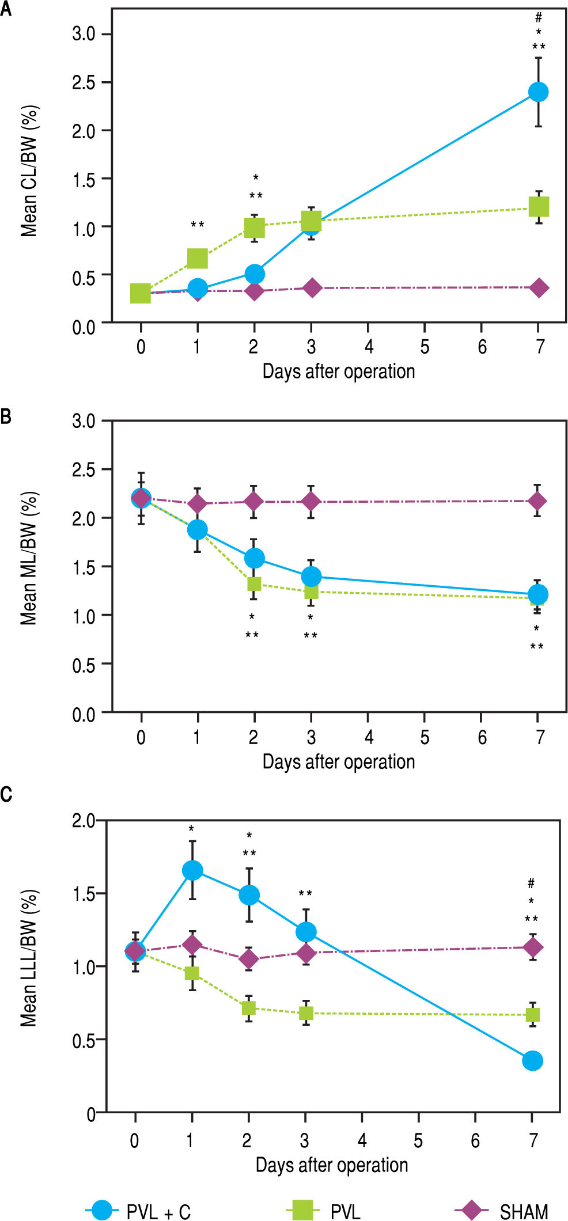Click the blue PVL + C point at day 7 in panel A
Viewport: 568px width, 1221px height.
538,92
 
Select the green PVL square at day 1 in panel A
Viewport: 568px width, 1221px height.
198,259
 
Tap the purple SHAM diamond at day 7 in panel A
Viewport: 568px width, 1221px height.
539,288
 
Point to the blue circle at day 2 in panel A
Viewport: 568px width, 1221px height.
255,274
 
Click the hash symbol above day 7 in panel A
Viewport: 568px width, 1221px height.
539,18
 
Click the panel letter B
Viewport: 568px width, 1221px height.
6,416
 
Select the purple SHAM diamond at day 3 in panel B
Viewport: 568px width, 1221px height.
311,502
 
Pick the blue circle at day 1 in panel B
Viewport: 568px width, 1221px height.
198,529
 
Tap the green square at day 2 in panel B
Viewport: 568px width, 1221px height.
254,584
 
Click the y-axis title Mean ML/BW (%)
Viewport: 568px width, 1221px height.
29,558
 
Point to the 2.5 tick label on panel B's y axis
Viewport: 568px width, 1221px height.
84,469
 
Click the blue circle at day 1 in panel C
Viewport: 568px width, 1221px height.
192,870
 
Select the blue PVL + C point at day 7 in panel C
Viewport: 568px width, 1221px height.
532,1060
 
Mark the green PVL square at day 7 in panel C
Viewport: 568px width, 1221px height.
533,1014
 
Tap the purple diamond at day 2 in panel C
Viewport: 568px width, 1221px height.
249,959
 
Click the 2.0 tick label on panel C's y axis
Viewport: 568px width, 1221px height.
84,820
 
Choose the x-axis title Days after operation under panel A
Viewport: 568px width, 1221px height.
338,371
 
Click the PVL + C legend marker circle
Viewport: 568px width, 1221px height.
103,1209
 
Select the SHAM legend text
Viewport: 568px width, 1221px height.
524,1211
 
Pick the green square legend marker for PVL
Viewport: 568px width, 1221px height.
302,1209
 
